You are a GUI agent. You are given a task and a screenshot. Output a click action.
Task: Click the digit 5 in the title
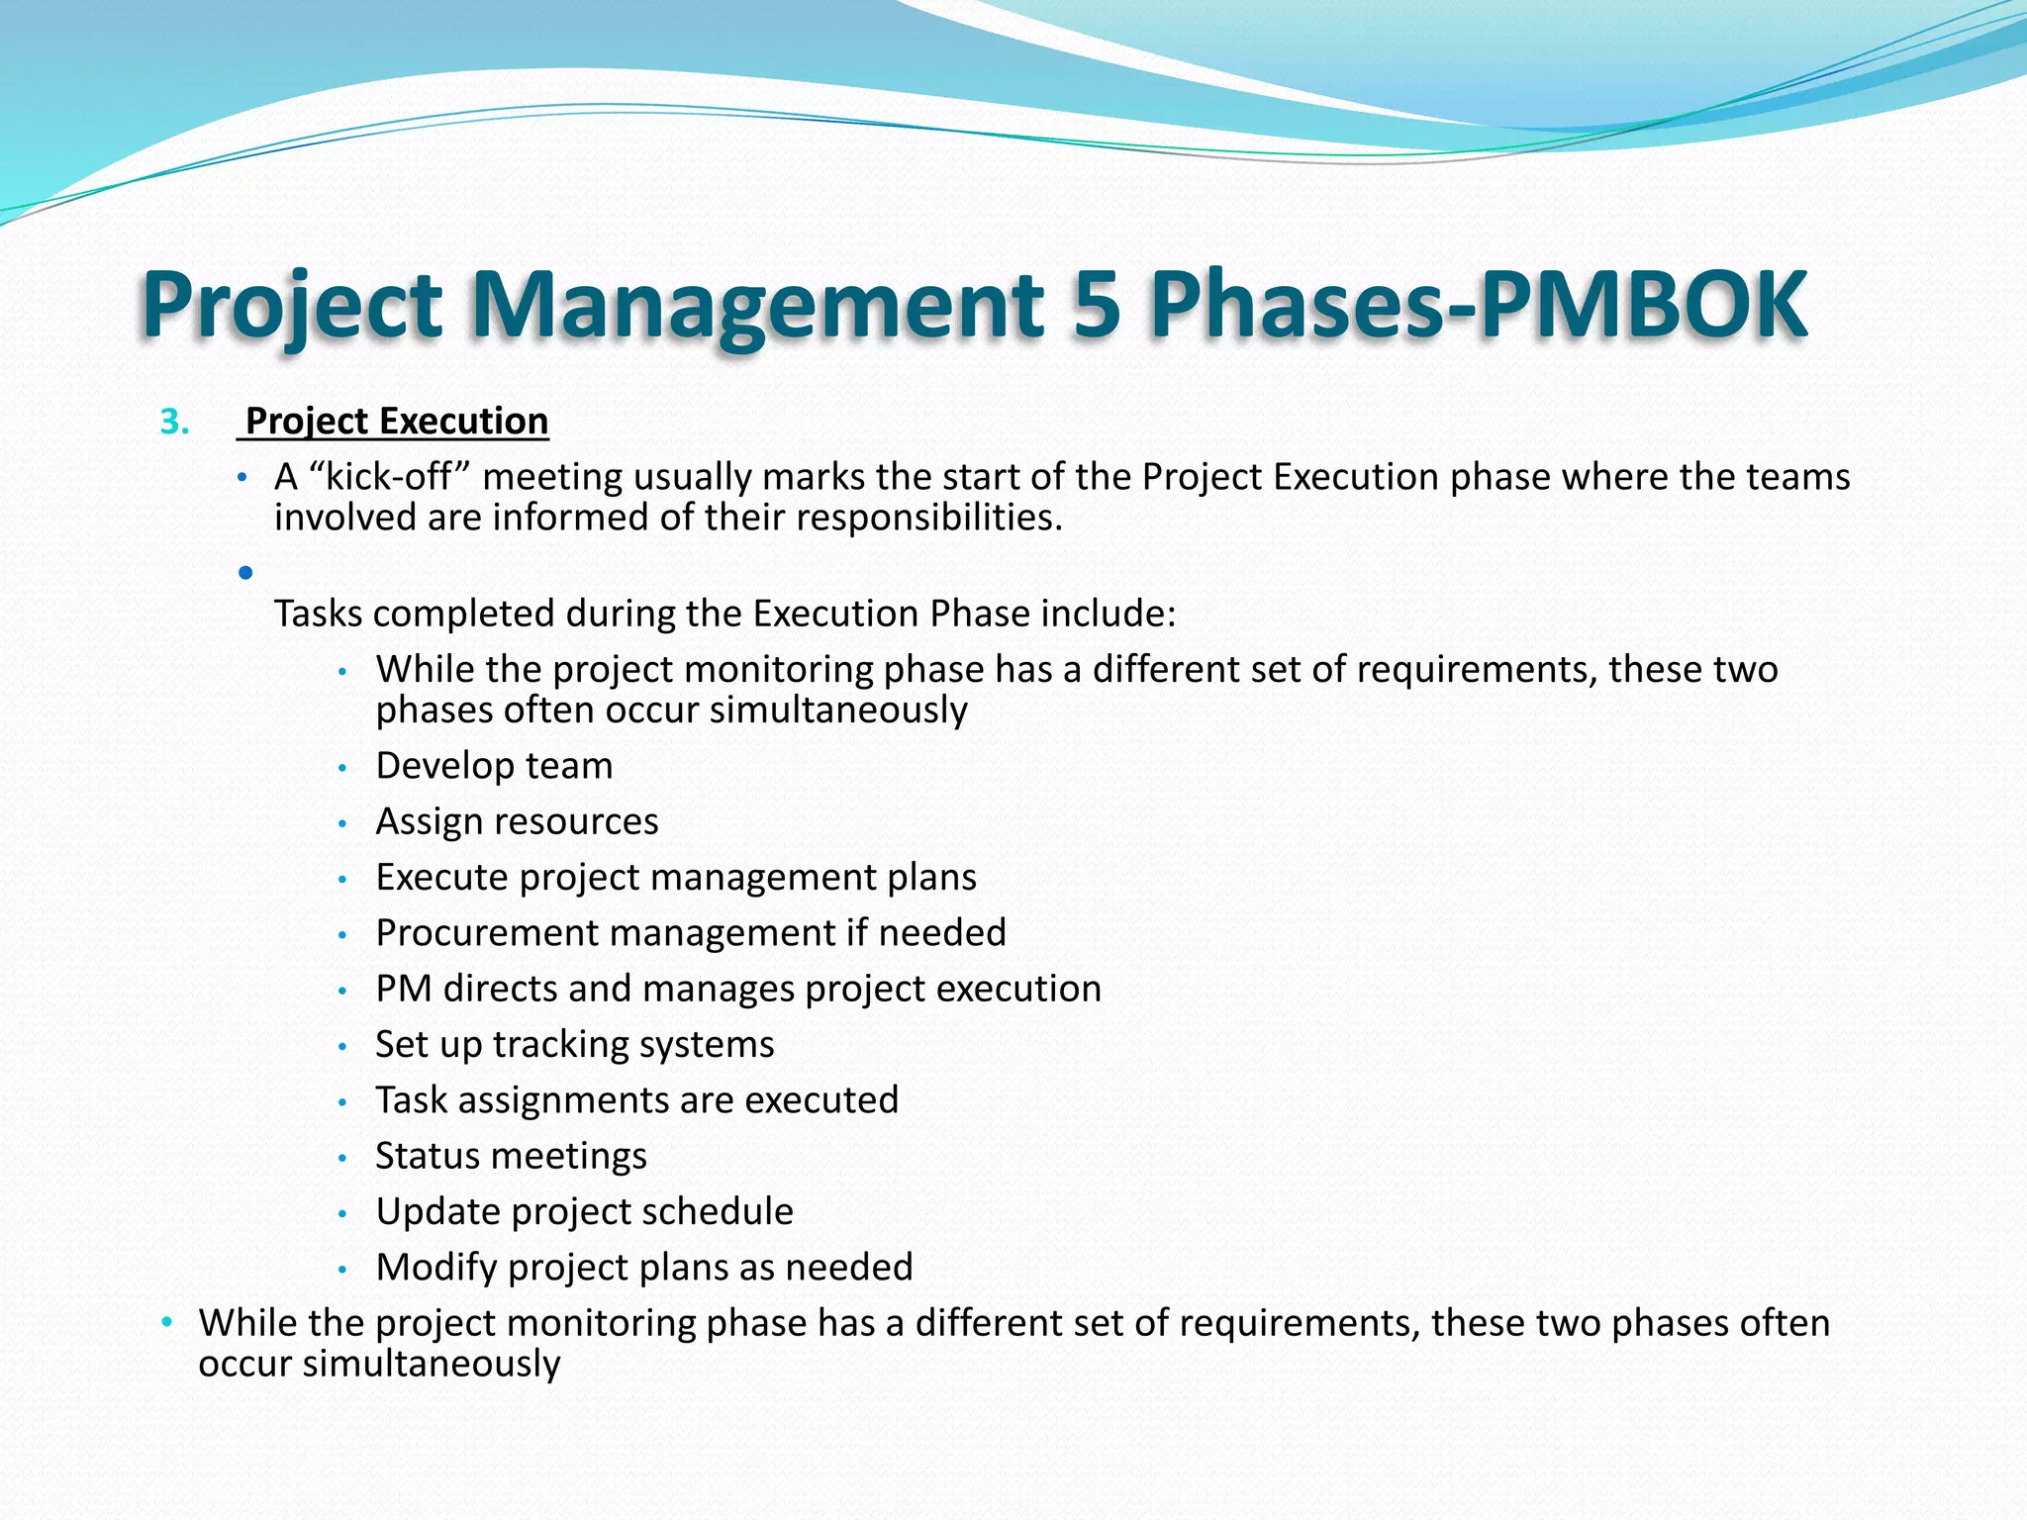[x=1096, y=304]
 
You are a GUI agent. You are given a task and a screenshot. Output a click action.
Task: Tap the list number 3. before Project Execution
[x=175, y=423]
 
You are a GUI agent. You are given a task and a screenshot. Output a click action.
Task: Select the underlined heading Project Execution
[x=396, y=422]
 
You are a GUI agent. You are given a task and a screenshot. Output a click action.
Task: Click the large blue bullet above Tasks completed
[x=245, y=572]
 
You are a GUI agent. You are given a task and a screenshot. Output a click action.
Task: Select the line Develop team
[x=494, y=766]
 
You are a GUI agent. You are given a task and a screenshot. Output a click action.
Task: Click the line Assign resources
[x=517, y=821]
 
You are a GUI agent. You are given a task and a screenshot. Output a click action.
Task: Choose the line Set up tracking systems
[x=574, y=1045]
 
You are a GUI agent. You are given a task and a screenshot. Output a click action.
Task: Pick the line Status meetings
[x=511, y=1156]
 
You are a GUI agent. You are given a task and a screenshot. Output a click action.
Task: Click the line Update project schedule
[x=584, y=1212]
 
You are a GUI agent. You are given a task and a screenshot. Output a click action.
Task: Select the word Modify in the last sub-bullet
[x=435, y=1268]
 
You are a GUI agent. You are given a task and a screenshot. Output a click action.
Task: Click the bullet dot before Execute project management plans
[x=342, y=879]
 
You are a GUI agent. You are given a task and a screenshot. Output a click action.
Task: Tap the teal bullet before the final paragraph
[x=167, y=1322]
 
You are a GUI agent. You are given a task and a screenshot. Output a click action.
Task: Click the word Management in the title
[x=756, y=304]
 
